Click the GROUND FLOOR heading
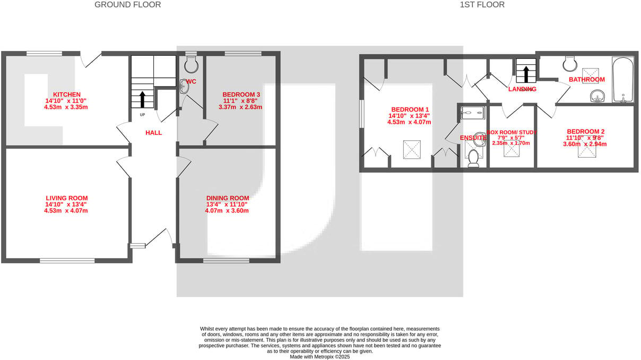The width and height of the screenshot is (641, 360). [x=127, y=5]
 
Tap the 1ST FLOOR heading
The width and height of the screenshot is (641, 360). [x=482, y=5]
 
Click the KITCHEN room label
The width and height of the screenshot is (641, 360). [x=66, y=94]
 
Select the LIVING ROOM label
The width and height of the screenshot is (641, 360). [x=66, y=198]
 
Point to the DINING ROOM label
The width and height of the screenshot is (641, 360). [x=227, y=198]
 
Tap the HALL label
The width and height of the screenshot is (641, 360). [x=153, y=133]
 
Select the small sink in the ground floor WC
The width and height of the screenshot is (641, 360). [x=184, y=87]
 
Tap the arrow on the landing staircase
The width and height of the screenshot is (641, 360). [x=526, y=73]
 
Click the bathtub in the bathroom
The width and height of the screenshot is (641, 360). [x=622, y=80]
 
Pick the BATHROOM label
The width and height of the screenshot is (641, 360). [x=586, y=80]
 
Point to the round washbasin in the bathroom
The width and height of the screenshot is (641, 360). [x=597, y=96]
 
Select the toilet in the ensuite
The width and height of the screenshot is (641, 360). [x=473, y=158]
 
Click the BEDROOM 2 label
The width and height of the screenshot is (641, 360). [x=585, y=132]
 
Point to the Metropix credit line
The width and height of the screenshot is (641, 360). [x=319, y=357]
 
